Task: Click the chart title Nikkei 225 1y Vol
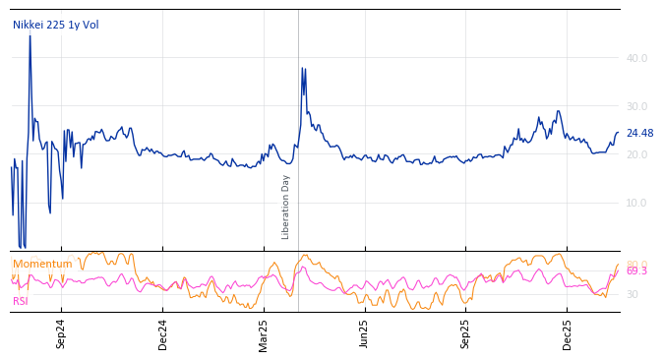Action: [55, 25]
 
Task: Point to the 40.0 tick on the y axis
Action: [636, 58]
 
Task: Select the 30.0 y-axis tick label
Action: [636, 106]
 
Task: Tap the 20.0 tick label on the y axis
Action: [636, 154]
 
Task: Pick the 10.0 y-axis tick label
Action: [636, 203]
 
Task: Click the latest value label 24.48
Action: [639, 134]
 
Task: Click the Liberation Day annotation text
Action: [286, 207]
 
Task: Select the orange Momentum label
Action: [42, 264]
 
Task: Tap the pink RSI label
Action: [21, 301]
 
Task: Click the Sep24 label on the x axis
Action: [61, 333]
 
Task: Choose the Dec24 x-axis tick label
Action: [162, 333]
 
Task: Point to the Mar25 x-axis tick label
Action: [263, 333]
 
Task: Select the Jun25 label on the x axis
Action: [364, 333]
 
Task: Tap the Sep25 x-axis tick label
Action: [465, 333]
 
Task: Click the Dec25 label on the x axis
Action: [567, 333]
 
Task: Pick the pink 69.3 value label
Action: [636, 271]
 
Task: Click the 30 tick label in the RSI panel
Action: [633, 294]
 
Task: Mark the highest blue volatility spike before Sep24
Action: [30, 36]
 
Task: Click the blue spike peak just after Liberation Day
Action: [303, 69]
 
